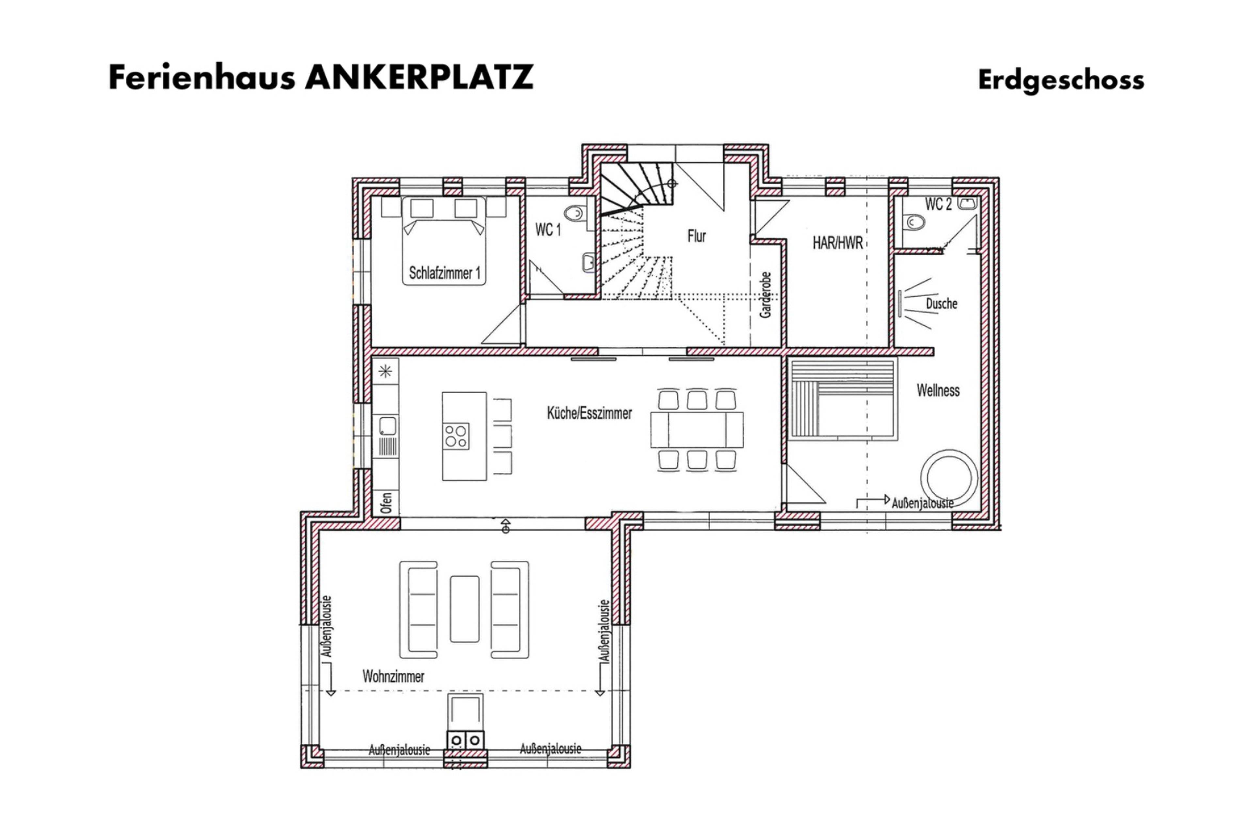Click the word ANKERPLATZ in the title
419,77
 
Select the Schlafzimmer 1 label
444,273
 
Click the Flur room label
696,236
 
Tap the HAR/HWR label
837,243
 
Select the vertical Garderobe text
765,295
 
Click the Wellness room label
938,390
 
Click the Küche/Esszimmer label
589,413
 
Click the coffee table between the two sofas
464,608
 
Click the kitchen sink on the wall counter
388,426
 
